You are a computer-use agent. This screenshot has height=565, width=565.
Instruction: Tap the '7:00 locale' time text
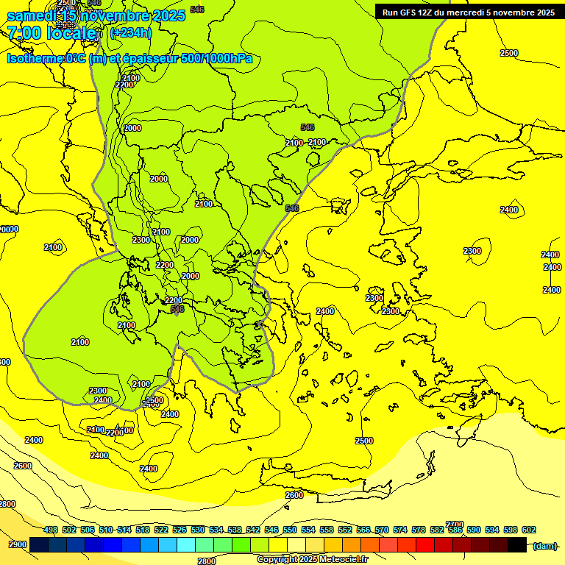point(52,33)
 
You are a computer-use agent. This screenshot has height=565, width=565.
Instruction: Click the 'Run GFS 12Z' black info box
point(468,12)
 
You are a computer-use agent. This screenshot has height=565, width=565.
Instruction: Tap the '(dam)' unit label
point(544,545)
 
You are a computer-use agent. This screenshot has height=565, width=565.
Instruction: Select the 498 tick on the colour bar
point(51,530)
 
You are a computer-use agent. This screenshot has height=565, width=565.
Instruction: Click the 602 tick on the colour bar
point(528,530)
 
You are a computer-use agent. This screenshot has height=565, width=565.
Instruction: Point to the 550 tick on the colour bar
point(290,530)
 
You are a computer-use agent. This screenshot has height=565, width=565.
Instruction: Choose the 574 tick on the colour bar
point(400,530)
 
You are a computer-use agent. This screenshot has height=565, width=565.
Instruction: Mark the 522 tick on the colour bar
point(161,530)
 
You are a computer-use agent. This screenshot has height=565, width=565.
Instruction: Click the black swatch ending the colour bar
point(516,544)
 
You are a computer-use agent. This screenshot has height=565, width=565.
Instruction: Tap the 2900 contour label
point(18,545)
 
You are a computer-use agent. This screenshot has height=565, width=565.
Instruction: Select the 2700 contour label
point(455,525)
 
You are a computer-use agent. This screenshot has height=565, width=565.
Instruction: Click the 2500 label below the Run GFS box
point(508,53)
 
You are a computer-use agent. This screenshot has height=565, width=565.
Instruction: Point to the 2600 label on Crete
point(294,495)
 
